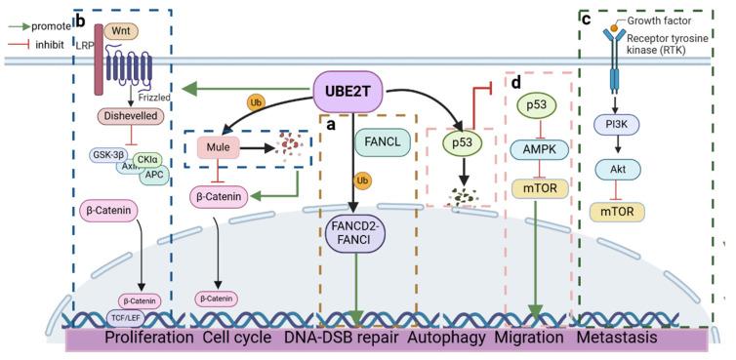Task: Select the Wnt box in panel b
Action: tap(121, 31)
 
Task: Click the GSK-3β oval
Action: tap(108, 153)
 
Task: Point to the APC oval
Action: tap(154, 176)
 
